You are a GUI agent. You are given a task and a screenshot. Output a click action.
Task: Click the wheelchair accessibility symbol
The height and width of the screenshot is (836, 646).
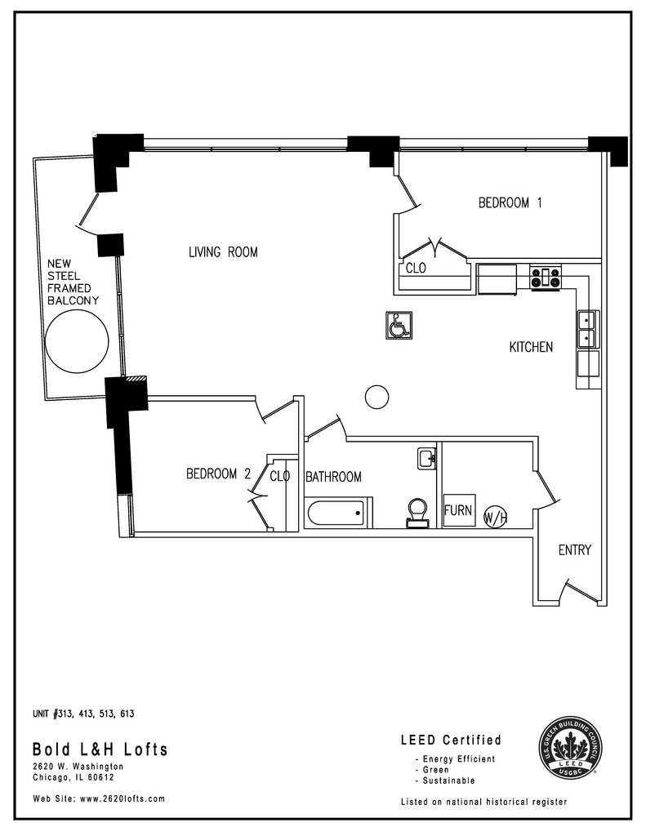coord(399,325)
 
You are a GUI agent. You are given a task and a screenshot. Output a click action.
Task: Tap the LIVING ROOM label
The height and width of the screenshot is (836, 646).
coord(223,252)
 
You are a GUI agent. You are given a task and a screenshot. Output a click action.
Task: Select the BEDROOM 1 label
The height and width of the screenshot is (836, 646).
coord(510,202)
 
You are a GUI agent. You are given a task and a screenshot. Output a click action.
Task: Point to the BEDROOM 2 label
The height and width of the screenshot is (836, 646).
coord(218,474)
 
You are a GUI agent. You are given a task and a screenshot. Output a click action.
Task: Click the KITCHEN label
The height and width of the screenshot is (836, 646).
coord(531,347)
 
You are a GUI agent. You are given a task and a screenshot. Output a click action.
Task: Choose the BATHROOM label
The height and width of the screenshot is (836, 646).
coord(333,477)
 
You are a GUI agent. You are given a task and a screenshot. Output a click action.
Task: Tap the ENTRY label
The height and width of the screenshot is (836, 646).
coord(574,549)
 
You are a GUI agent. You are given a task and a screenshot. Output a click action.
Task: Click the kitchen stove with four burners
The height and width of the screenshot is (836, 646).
coord(546,278)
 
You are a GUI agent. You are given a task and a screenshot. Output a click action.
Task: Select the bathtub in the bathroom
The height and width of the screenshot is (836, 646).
coord(338,513)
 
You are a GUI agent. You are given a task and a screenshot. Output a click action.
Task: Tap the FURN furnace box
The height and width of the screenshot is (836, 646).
coord(458,510)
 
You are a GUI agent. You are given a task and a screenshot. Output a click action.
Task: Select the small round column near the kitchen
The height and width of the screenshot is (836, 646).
coord(376,397)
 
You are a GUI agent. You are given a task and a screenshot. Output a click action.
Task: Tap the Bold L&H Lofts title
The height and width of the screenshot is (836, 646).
coord(100,749)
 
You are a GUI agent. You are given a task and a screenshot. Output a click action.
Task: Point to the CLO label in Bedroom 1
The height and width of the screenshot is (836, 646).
coord(416,268)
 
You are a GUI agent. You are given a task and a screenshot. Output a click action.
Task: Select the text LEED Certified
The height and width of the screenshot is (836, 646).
coord(452,740)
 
